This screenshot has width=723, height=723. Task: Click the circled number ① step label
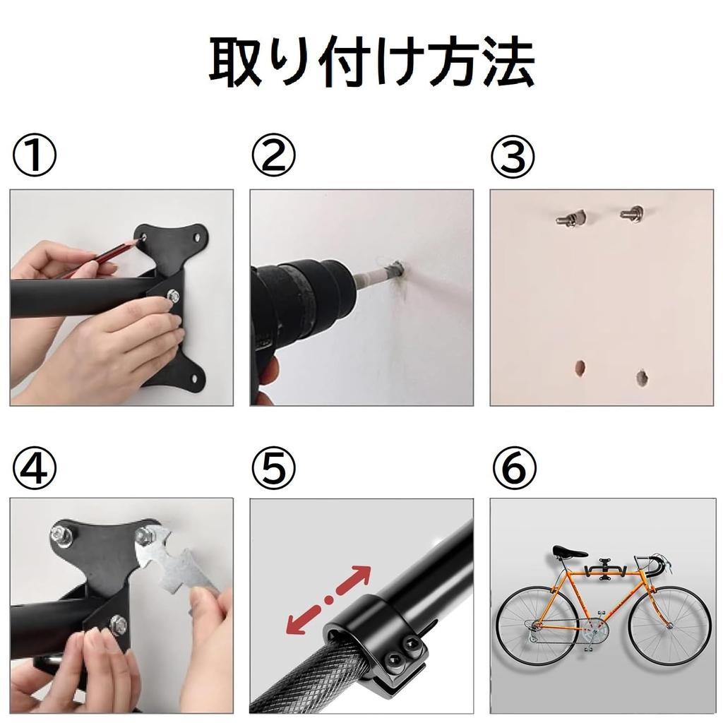coord(35,155)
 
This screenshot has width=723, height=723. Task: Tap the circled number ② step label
coord(273,155)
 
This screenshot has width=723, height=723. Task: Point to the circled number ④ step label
coord(35,467)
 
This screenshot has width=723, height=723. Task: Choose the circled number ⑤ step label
coord(273,467)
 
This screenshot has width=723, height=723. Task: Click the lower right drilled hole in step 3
coord(642,377)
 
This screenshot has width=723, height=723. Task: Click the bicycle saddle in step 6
coord(570,551)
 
